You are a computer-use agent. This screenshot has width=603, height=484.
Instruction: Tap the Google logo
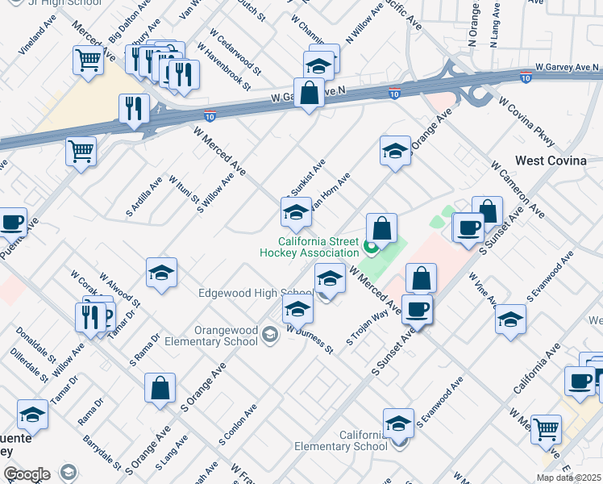(x=27, y=474)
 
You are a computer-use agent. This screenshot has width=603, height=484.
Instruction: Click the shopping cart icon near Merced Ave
(x=88, y=59)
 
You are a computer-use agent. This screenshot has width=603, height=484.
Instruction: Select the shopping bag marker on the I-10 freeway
(x=309, y=93)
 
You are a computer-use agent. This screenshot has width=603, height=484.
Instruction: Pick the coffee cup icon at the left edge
(x=12, y=223)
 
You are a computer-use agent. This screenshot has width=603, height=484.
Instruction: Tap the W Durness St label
(x=310, y=340)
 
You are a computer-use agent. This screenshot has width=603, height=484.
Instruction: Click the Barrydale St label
(x=102, y=454)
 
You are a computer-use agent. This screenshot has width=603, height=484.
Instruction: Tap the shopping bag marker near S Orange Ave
(x=160, y=388)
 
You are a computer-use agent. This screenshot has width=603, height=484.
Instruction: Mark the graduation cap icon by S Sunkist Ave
(x=296, y=213)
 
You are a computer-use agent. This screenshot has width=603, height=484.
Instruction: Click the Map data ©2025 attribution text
(x=569, y=478)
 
